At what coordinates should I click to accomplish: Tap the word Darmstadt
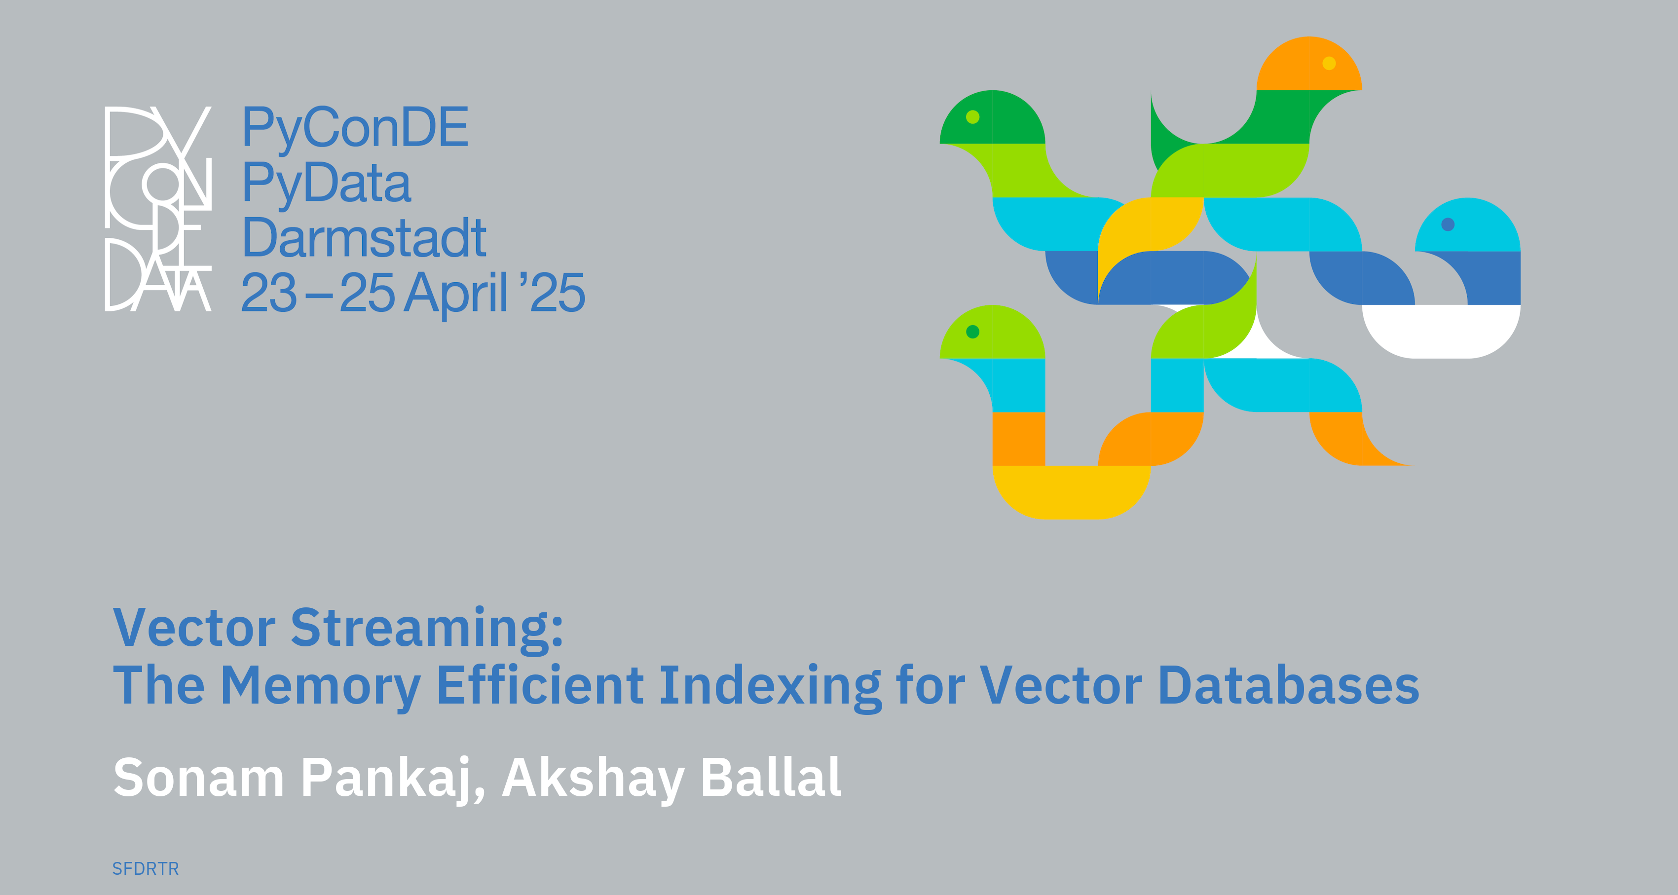[364, 238]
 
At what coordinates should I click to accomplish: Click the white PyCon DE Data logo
[158, 208]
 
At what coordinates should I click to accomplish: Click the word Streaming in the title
[427, 629]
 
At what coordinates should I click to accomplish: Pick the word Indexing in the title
[770, 687]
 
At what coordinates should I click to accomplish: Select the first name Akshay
[593, 779]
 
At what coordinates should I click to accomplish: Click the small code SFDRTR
[145, 869]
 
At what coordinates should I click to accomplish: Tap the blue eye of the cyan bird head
[1448, 224]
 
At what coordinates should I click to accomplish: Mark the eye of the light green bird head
[972, 332]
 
